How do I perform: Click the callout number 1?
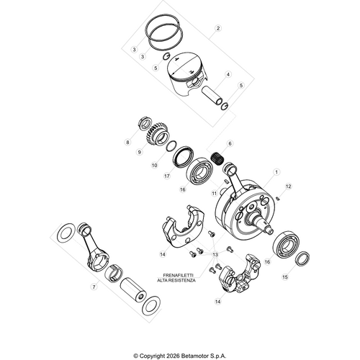[x=276, y=172]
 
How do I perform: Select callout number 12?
[x=288, y=186]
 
